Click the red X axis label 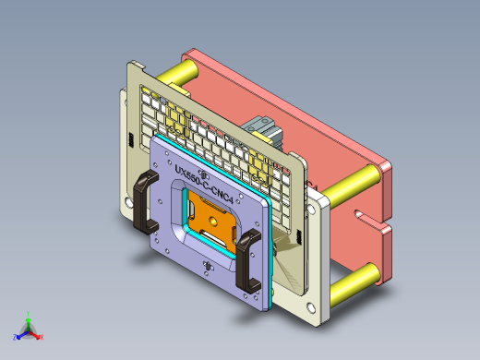(42, 338)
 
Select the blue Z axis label (16, 338)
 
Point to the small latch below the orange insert (208, 269)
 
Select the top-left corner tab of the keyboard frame (136, 66)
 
